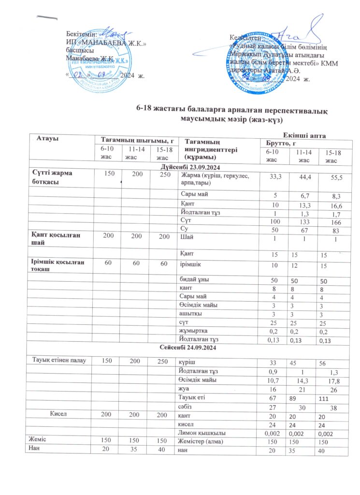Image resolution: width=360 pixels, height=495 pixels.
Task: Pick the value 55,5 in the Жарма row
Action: pos(334,178)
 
